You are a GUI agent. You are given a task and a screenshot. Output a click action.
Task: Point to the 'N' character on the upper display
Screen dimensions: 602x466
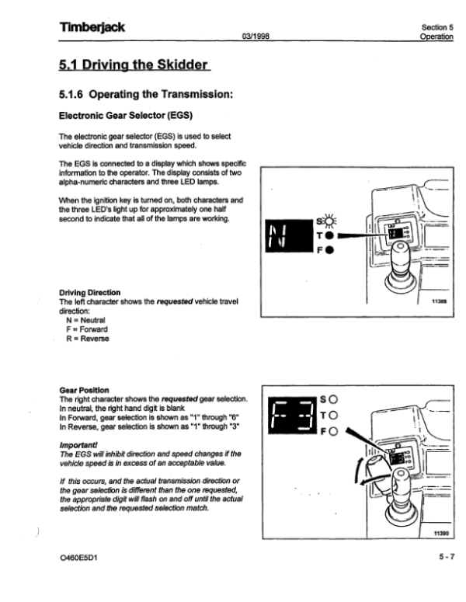282,235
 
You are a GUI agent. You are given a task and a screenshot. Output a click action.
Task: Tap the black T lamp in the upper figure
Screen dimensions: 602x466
330,235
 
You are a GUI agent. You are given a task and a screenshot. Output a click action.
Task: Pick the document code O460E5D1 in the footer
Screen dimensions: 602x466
82,557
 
